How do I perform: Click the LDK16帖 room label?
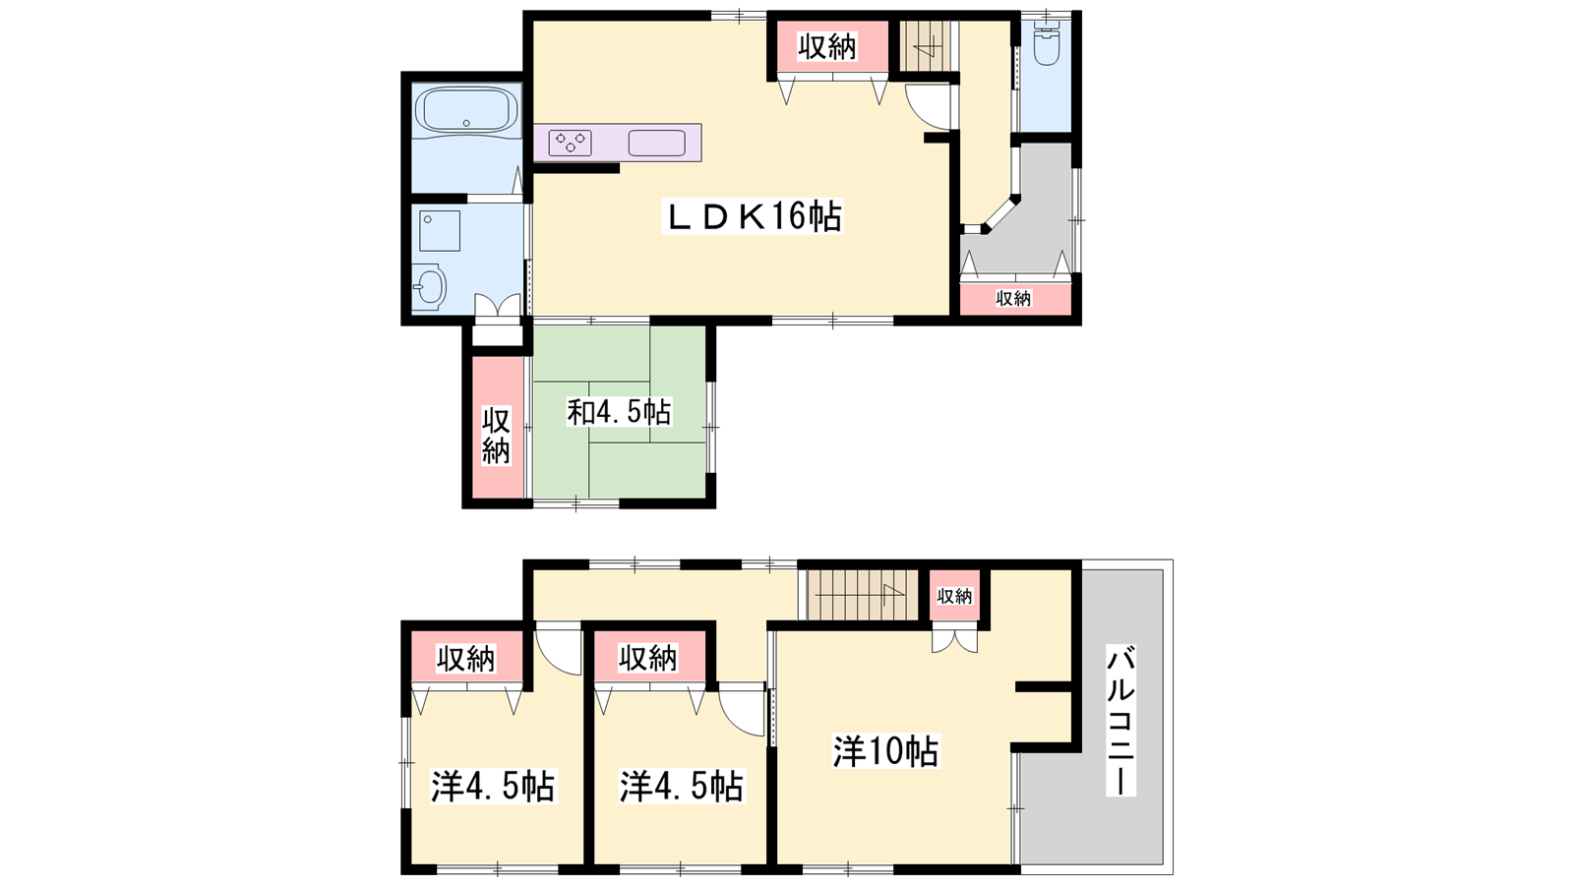click(752, 216)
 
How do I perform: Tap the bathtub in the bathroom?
click(466, 110)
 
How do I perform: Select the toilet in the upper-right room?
click(1047, 43)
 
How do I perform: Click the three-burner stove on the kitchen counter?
click(570, 143)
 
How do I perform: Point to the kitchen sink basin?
click(657, 143)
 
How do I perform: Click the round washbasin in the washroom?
click(429, 286)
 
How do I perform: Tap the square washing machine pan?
click(440, 230)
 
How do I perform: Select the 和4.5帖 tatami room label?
click(619, 412)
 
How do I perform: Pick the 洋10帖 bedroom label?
click(885, 751)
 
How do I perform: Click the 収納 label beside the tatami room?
click(496, 436)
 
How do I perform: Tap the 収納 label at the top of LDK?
click(827, 47)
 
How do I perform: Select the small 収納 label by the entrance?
click(1013, 299)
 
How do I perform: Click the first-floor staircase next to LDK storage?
click(925, 46)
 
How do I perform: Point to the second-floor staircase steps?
click(862, 595)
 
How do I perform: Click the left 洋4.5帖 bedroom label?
click(493, 787)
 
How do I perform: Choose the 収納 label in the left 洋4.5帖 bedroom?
click(466, 659)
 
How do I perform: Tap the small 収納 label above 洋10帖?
click(954, 596)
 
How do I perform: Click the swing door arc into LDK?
click(928, 107)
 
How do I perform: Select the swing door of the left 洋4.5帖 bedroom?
click(558, 648)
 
